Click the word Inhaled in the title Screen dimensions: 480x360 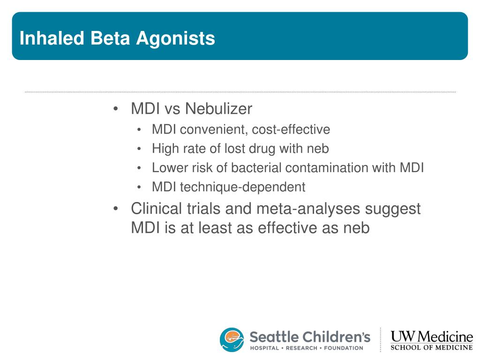tap(52, 38)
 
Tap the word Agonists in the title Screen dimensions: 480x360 tap(175, 39)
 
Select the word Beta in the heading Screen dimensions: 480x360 tap(110, 38)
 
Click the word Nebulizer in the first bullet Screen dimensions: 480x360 tap(218, 108)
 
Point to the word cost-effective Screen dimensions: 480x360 tap(291, 129)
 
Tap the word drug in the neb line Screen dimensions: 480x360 tap(262, 149)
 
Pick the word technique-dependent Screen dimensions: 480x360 tap(242, 187)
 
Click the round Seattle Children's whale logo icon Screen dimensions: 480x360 tap(232, 339)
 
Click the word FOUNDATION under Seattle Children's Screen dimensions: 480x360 tap(344, 348)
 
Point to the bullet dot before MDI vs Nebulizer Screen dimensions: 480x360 tap(115, 109)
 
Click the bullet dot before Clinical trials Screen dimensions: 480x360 tap(115, 209)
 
